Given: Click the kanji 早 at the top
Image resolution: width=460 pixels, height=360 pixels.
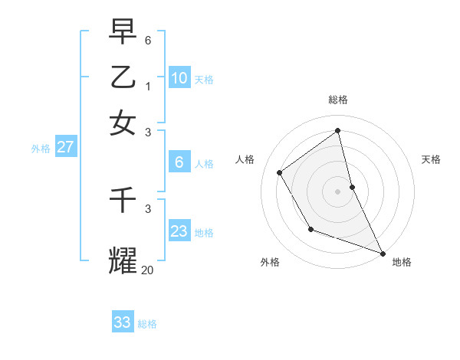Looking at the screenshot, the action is click(x=123, y=32).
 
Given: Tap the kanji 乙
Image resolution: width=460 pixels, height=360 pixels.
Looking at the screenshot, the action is click(x=123, y=77).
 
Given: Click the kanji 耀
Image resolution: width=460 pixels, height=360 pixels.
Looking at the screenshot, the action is click(x=123, y=260).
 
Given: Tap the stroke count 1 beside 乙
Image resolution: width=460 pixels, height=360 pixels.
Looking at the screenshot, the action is click(x=148, y=86).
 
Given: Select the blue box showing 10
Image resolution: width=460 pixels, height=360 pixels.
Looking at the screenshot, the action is click(x=179, y=77).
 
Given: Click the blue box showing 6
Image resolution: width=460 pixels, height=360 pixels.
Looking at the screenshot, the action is click(x=179, y=162).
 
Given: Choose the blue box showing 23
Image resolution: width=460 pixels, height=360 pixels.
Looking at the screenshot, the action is click(x=179, y=231).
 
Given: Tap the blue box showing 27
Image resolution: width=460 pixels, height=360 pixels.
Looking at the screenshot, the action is click(x=65, y=147).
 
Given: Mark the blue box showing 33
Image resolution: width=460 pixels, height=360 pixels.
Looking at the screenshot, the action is click(x=123, y=322).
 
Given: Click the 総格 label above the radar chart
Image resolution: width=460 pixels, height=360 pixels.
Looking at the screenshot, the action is click(x=338, y=100).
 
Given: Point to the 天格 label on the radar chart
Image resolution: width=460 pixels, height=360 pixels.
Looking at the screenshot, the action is click(x=431, y=159).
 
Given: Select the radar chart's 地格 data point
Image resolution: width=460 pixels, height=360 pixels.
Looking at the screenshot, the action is click(x=383, y=253).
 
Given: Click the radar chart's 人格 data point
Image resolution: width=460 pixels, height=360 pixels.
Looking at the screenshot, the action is click(x=280, y=172).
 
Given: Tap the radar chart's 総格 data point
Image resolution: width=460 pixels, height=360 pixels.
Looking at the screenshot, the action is click(x=338, y=131).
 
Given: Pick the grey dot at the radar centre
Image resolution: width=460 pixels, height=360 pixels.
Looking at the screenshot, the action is click(x=338, y=191).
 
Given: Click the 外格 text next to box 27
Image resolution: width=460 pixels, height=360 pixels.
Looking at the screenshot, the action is click(x=41, y=149).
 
